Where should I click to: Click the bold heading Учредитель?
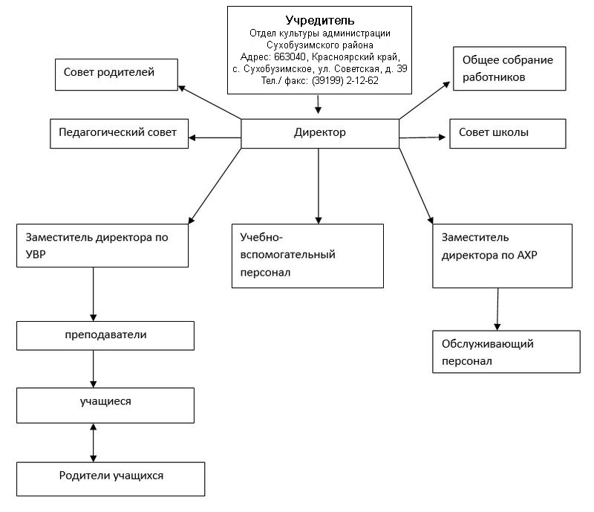point(320,20)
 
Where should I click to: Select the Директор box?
point(320,134)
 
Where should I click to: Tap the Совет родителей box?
point(117,74)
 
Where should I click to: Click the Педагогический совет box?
point(119,134)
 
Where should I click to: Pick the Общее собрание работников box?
point(509,68)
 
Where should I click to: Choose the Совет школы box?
point(508,134)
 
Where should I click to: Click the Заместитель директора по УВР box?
point(102,245)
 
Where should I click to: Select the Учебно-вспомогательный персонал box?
point(307,256)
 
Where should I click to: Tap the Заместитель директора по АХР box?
point(503,256)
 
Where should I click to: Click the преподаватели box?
point(105,336)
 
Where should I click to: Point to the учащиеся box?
point(105,405)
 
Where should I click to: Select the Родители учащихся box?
point(111,479)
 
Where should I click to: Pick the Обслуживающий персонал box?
point(506,351)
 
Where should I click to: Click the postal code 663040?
point(290,57)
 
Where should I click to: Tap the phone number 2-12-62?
point(362,80)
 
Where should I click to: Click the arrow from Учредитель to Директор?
point(318,104)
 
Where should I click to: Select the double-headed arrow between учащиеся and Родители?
point(94,443)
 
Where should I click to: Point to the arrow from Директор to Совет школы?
point(422,137)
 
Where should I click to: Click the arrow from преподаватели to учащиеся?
point(94,369)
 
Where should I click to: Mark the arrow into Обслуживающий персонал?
point(497,309)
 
